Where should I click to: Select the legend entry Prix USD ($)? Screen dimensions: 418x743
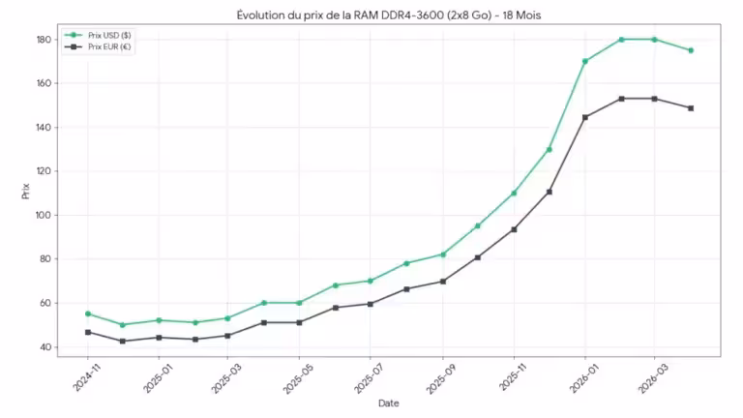[109, 35]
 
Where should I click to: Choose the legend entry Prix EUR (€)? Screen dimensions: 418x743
[109, 46]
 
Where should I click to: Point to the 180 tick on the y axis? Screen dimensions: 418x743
[43, 40]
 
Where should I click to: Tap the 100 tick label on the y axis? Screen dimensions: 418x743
[43, 215]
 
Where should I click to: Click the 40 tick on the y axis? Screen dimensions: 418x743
[45, 347]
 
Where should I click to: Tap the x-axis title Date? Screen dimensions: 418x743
[388, 403]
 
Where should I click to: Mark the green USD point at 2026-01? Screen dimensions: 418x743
[585, 61]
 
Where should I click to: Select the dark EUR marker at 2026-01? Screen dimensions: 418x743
[585, 117]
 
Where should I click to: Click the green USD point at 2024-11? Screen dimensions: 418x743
[88, 313]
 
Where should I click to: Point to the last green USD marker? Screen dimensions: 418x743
[691, 50]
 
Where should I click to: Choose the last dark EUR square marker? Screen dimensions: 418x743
[691, 108]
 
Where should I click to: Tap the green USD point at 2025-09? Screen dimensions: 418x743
[443, 254]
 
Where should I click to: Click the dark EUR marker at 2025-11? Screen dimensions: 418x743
[514, 229]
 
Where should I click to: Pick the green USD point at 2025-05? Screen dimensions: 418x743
[300, 303]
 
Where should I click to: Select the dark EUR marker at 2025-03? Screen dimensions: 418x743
[228, 336]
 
